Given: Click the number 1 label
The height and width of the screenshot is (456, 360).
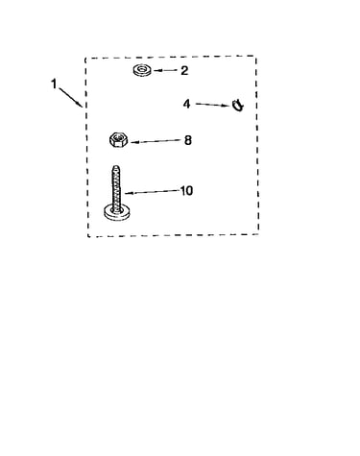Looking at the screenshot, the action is pos(54,84).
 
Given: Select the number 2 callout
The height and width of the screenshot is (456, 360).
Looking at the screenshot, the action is pos(184,71).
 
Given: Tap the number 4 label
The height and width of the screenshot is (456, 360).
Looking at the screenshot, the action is pos(186,104).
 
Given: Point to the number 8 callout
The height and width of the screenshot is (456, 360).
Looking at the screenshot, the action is pos(188,140).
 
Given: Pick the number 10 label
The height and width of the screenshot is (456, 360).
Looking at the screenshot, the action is pos(186,191).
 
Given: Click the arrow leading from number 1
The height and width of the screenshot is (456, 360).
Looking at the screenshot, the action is pos(70,97).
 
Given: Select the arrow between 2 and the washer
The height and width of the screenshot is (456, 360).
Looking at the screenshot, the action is pos(165,71).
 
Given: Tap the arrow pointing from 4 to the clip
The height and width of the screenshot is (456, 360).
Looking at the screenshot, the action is pos(212,105).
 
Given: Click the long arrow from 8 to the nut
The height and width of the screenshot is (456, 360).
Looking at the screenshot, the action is pos(156,141).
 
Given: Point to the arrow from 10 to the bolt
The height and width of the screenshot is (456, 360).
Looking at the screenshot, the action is pos(152,192).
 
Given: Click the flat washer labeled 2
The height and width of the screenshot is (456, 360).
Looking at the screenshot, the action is pos(143,70).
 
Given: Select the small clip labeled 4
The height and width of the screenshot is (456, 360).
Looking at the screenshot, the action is pos(237,105).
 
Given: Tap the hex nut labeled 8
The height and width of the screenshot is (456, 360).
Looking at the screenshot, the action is pos(119,139).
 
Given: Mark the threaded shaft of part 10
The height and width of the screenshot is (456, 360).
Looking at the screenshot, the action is pos(116,188).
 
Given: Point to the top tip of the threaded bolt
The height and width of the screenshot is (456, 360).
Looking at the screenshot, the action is pos(116,166).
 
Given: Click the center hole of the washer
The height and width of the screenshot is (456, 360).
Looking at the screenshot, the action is pos(142,69).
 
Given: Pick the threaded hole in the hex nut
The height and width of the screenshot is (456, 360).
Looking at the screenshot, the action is pos(118,138).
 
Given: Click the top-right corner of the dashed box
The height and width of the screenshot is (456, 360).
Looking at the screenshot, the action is pos(256,57).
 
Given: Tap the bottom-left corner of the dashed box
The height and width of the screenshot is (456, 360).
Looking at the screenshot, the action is pos(88,237).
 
